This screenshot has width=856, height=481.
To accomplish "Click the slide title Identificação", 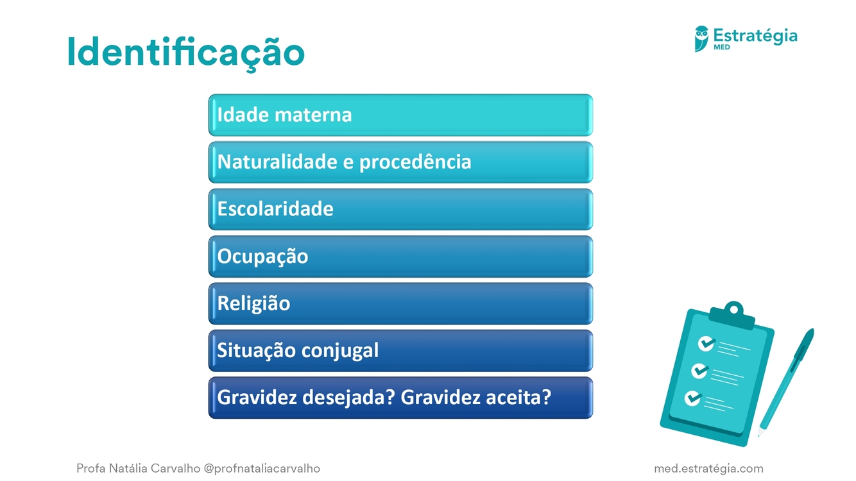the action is pyautogui.click(x=186, y=53).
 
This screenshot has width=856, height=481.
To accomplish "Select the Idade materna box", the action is pyautogui.click(x=400, y=115).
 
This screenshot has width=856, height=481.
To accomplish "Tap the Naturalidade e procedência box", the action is pyautogui.click(x=400, y=162).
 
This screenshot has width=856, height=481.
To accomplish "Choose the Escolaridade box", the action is pyautogui.click(x=400, y=209).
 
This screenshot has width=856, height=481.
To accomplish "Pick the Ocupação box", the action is pyautogui.click(x=400, y=257).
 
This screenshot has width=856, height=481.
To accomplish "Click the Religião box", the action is pyautogui.click(x=400, y=303).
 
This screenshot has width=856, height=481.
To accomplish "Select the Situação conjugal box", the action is pyautogui.click(x=400, y=351).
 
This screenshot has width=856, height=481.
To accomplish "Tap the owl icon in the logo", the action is pyautogui.click(x=701, y=38).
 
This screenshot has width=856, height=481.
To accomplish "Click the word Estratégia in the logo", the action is pyautogui.click(x=755, y=36).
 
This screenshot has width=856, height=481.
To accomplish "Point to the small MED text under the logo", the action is pyautogui.click(x=721, y=47).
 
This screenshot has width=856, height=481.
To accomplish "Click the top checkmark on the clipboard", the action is pyautogui.click(x=706, y=343).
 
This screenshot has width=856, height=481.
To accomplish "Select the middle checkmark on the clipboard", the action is pyautogui.click(x=699, y=371).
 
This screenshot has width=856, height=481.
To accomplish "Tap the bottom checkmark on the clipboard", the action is pyautogui.click(x=693, y=398).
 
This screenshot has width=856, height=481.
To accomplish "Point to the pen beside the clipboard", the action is pyautogui.click(x=785, y=382).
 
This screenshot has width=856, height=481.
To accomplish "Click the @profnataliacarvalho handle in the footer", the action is pyautogui.click(x=262, y=468).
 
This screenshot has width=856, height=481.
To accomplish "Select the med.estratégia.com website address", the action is pyautogui.click(x=708, y=468).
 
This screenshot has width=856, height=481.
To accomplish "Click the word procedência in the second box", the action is pyautogui.click(x=415, y=162).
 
